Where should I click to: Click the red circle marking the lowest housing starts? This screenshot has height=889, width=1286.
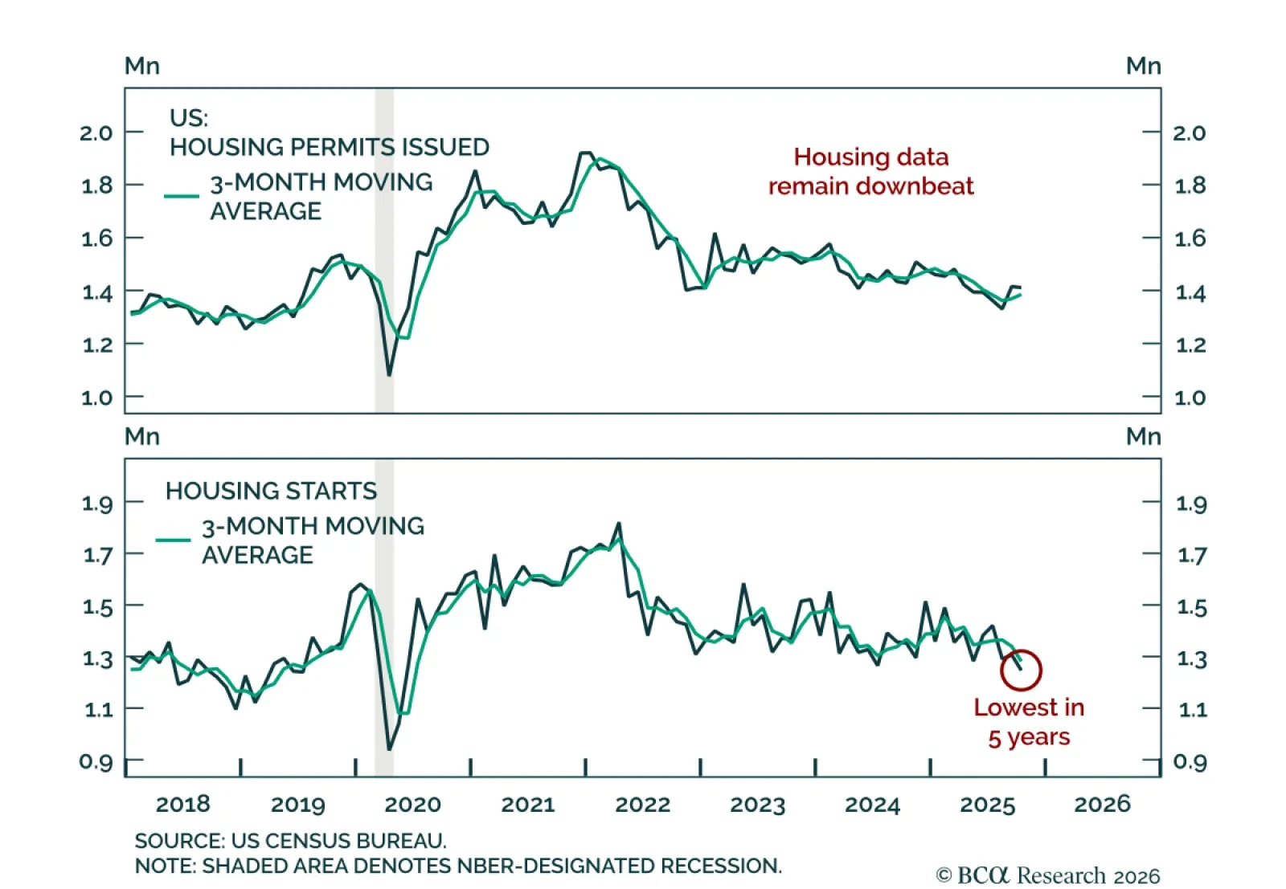point(1021,670)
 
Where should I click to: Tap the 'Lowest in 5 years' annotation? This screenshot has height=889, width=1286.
point(1029,722)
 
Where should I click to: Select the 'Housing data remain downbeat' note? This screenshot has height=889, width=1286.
point(870,171)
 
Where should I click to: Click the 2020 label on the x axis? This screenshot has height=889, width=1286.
point(412,804)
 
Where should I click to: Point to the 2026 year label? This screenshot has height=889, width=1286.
point(1102,804)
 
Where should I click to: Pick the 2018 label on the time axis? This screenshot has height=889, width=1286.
point(182,804)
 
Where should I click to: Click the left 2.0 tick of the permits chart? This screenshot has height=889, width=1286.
point(96,133)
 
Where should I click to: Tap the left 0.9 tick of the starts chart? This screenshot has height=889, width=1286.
point(96,761)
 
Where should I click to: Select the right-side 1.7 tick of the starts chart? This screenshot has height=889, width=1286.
point(1192,555)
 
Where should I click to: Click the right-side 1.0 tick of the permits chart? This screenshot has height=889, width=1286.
point(1190,398)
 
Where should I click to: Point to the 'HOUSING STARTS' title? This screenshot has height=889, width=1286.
point(271,491)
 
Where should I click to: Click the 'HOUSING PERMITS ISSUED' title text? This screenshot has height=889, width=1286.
point(329,147)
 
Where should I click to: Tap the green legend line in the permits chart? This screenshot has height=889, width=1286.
point(182,195)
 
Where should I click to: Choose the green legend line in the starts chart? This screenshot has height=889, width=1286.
point(173,540)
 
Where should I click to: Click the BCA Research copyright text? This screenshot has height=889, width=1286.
point(1048,875)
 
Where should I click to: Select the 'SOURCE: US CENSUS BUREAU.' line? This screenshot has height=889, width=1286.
point(290,841)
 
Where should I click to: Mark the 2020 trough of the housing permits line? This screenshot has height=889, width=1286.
point(389,374)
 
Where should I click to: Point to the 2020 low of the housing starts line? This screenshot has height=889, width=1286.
point(389,749)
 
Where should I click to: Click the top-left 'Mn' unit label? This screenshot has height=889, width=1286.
point(142,66)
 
